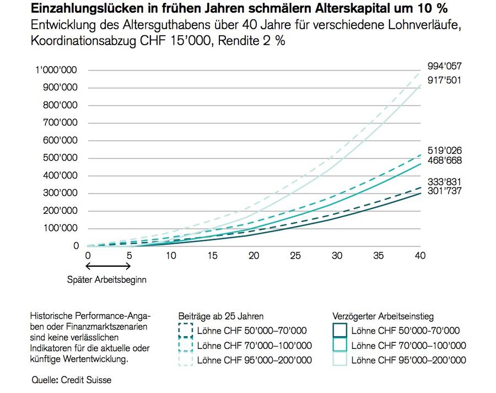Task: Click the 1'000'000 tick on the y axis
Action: coord(56,70)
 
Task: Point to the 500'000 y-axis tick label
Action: coord(61,158)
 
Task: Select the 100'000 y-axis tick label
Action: coord(61,228)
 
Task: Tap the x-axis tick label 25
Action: coord(295,256)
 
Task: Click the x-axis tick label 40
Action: coord(420,256)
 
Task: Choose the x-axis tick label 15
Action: coord(212,256)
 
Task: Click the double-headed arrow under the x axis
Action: coord(109,267)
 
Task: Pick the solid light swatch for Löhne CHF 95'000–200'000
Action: coord(339,360)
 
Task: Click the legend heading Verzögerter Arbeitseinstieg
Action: coord(383,316)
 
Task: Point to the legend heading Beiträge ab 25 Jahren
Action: coord(220,316)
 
